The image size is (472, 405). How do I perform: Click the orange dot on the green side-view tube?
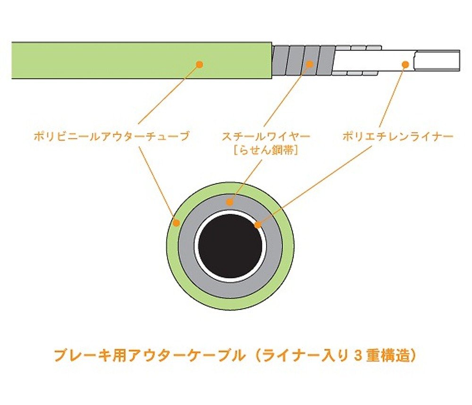[x=199, y=64]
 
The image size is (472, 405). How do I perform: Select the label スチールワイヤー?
[x=266, y=137]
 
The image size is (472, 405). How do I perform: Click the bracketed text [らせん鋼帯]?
[x=266, y=151]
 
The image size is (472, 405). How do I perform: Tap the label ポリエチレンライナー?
[x=398, y=137]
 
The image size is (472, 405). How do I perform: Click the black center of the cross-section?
[x=230, y=246]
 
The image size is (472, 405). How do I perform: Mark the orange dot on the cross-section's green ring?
[x=176, y=222]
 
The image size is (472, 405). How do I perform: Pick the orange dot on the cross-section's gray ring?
[x=230, y=202]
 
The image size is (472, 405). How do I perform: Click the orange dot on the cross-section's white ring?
[x=257, y=225]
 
